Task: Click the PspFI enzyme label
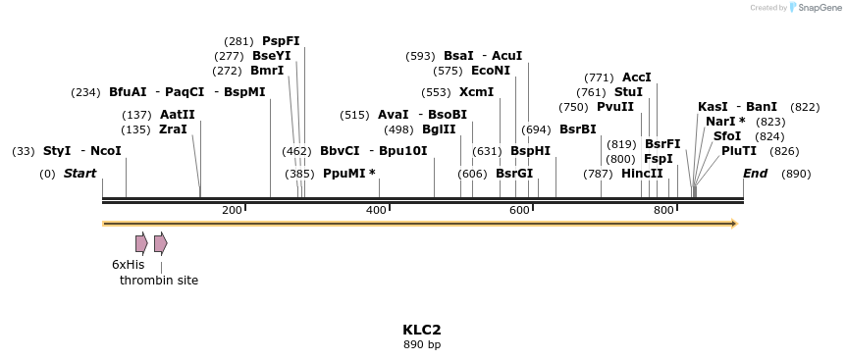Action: pos(281,41)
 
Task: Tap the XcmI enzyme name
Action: pos(476,92)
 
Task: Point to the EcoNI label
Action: pos(491,71)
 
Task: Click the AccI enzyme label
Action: pos(636,77)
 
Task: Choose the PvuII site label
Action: pos(615,107)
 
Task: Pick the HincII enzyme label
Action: pos(642,174)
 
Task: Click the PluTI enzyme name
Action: pos(739,151)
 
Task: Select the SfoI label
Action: pos(727,136)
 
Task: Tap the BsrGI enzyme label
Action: pos(514,174)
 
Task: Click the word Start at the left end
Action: pos(79,174)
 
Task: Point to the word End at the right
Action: pos(755,174)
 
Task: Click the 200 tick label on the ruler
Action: pos(232,211)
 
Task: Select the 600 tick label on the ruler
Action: pos(519,211)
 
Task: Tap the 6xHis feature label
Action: pos(128,265)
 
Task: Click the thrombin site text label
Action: pos(159,281)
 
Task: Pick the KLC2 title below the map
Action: pos(422,330)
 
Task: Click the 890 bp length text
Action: pos(422,345)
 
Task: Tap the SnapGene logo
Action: pos(817,8)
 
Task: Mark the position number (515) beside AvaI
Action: pos(354,115)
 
